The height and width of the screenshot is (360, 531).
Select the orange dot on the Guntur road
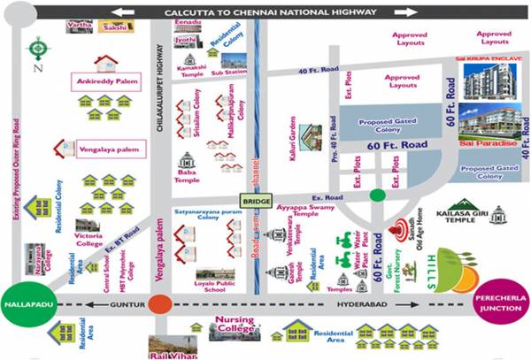tap(160, 304)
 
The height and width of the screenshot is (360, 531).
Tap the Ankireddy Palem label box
tap(107, 85)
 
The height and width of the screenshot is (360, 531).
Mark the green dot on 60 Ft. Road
tap(377, 195)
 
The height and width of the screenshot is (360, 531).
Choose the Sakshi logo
tap(113, 29)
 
